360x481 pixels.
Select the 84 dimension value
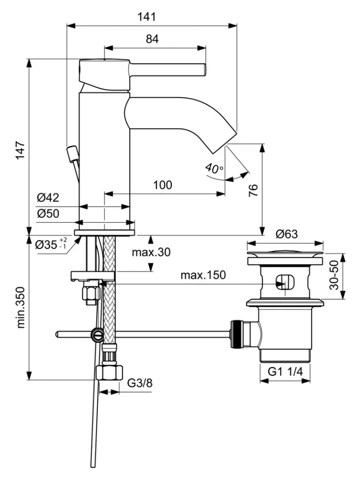152,39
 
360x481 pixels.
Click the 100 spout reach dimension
163,185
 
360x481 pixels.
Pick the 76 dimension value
253,190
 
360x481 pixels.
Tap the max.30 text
151,252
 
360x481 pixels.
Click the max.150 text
203,275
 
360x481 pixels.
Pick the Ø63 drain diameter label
287,233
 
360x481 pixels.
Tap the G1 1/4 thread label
285,372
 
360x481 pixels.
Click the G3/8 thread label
140,383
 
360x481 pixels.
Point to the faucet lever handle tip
204,69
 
